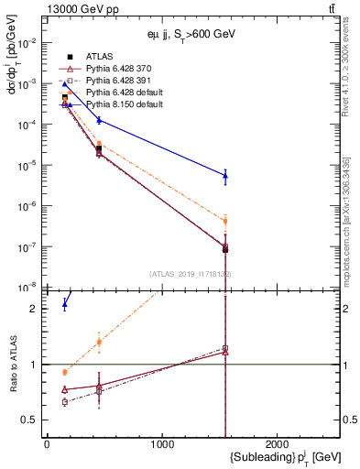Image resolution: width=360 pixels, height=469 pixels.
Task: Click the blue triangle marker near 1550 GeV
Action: pos(225,175)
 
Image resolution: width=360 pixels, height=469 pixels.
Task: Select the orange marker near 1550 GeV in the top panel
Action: pos(225,221)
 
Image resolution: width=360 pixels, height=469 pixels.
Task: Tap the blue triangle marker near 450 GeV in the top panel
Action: pos(98,120)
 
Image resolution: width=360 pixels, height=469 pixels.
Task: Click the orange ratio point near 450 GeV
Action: pos(98,342)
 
